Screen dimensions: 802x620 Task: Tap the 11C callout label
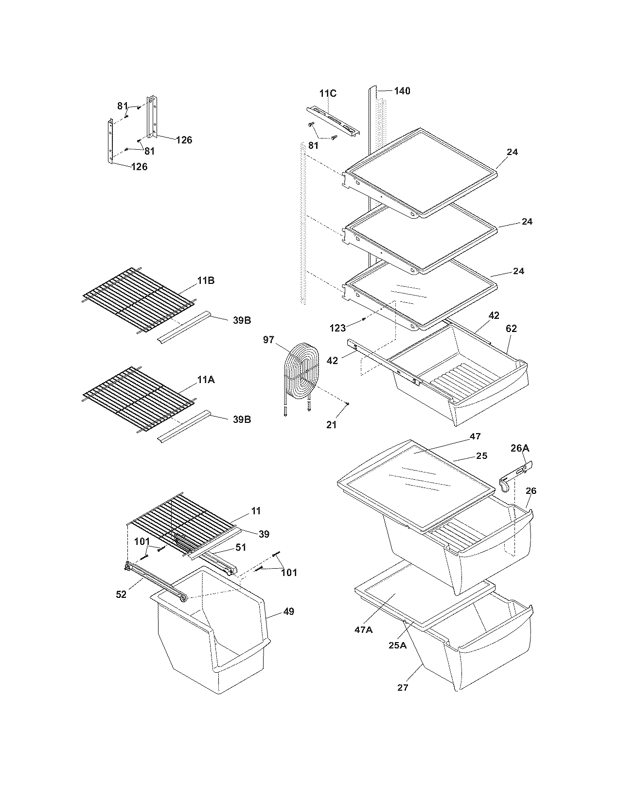pos(328,93)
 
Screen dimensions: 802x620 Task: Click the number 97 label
pos(269,340)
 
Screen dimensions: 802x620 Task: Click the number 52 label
pos(121,594)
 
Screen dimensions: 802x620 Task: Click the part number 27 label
pos(403,687)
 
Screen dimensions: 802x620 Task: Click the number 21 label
pos(331,425)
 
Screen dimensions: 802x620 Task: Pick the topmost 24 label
pos(512,152)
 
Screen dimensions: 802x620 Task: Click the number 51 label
pos(241,547)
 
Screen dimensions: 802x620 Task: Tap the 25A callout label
pos(397,645)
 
